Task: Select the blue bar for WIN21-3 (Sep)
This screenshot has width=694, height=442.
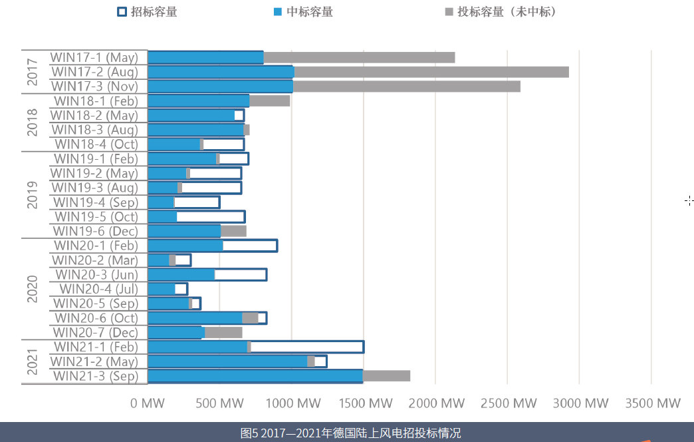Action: pyautogui.click(x=255, y=376)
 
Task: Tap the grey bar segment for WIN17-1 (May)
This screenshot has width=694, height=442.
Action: pyautogui.click(x=359, y=57)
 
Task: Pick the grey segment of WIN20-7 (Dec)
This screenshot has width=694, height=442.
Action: pyautogui.click(x=223, y=332)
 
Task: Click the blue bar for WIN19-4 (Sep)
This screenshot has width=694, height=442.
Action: pyautogui.click(x=161, y=202)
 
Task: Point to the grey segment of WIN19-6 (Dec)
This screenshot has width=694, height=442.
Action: pyautogui.click(x=233, y=231)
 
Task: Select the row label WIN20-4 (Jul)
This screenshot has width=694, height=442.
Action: pyautogui.click(x=98, y=289)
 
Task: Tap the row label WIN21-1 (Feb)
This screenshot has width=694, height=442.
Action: pyautogui.click(x=96, y=347)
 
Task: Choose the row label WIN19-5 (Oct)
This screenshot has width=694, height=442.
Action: pyautogui.click(x=96, y=216)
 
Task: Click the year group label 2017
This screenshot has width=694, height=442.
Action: pyautogui.click(x=33, y=72)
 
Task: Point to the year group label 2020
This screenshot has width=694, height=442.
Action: pyautogui.click(x=33, y=289)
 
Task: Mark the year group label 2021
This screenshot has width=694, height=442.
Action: pyautogui.click(x=33, y=361)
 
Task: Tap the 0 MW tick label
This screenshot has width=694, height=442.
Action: pyautogui.click(x=147, y=403)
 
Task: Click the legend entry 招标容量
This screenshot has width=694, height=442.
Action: pyautogui.click(x=147, y=11)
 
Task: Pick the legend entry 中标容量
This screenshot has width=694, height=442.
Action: pyautogui.click(x=304, y=11)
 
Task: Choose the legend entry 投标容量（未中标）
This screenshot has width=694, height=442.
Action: pyautogui.click(x=500, y=11)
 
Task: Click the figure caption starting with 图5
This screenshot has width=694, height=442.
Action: pyautogui.click(x=350, y=433)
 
